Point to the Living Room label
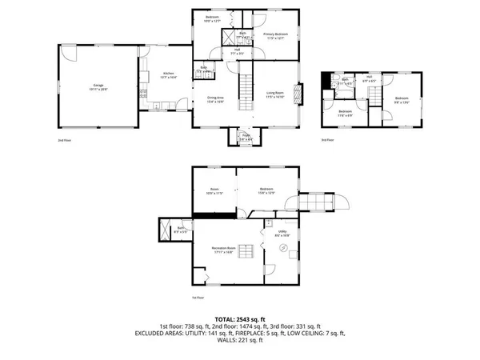(276, 94)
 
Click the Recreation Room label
(224, 250)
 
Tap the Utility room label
(282, 234)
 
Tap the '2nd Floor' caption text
(64, 141)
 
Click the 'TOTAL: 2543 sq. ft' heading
(239, 320)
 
